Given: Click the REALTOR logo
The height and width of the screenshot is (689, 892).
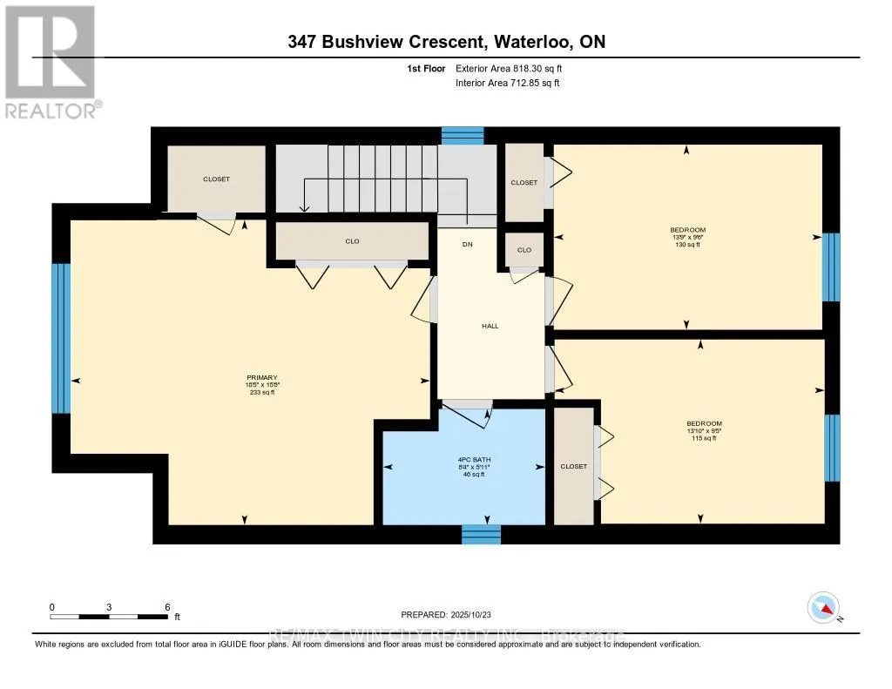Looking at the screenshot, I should (51, 61).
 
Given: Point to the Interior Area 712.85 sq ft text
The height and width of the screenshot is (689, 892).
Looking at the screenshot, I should (507, 84).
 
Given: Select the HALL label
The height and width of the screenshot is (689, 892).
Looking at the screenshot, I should (490, 326).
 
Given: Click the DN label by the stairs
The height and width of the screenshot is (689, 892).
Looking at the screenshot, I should (467, 244).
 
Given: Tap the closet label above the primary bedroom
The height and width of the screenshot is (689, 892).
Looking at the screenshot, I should (216, 179).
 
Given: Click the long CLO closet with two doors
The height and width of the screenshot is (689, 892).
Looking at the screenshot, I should (352, 241).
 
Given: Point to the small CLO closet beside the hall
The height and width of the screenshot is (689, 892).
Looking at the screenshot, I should (524, 250).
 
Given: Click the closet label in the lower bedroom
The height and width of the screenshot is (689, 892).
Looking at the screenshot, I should (573, 466).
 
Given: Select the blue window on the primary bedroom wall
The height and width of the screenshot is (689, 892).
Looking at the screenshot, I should (60, 338).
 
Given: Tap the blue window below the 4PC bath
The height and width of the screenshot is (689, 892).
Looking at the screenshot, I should (481, 534).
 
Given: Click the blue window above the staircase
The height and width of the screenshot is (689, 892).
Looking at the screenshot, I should (462, 135).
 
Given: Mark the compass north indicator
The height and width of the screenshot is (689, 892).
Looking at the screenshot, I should (823, 607).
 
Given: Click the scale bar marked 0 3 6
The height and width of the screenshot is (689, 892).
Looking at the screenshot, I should (109, 616).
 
